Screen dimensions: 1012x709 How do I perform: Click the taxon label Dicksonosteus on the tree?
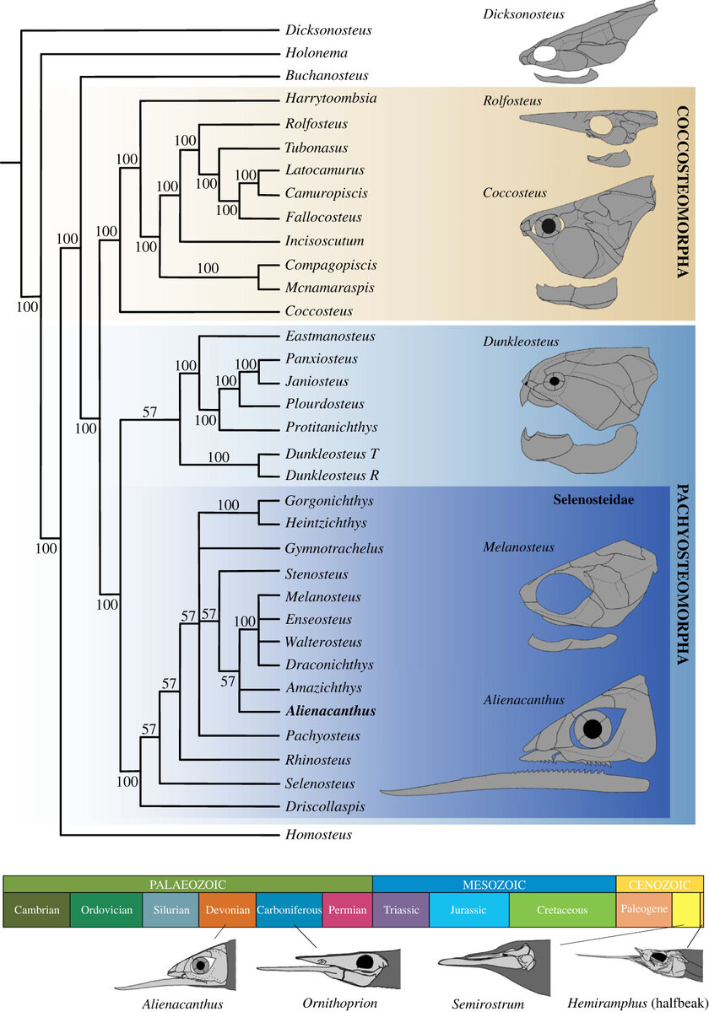click(x=329, y=30)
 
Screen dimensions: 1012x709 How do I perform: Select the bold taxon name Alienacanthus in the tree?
click(x=329, y=712)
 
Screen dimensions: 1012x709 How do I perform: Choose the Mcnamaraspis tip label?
click(x=328, y=288)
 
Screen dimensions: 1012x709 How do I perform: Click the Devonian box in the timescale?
click(x=227, y=910)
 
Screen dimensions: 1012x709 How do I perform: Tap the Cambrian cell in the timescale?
click(x=36, y=910)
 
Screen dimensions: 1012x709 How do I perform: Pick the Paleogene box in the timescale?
click(x=644, y=909)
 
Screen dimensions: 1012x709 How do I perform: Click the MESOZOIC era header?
click(x=494, y=885)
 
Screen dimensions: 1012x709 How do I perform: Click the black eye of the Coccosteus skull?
click(x=549, y=225)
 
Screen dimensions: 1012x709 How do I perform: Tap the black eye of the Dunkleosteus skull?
click(x=555, y=380)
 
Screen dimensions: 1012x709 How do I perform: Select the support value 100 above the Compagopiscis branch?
click(x=208, y=269)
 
